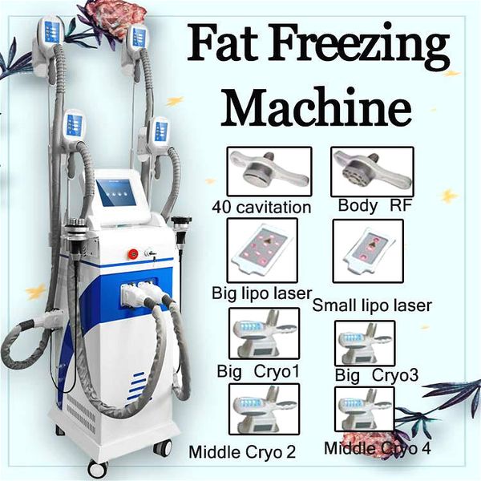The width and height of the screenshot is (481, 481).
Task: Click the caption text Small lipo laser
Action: click(x=371, y=305)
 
